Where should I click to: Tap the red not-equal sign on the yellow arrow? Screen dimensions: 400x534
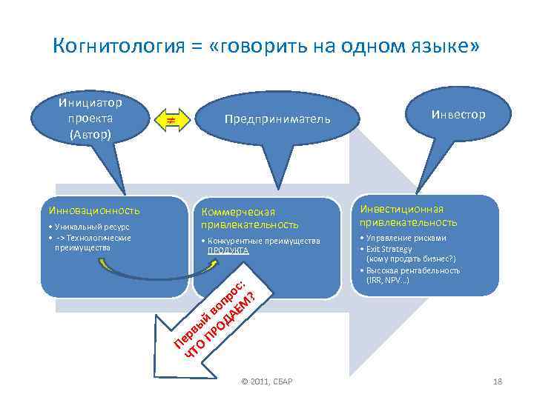(x=170, y=119)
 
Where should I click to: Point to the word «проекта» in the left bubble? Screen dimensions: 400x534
(x=90, y=119)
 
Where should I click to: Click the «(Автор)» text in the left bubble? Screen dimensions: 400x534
(x=90, y=135)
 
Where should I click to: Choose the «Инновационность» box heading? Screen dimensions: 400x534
(x=93, y=211)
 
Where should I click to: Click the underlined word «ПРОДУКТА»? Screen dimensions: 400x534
(x=228, y=251)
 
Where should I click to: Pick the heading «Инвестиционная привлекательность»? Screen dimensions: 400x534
(x=409, y=215)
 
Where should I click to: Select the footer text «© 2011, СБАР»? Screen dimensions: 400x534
(x=267, y=381)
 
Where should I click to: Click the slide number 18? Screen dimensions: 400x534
(x=498, y=381)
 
